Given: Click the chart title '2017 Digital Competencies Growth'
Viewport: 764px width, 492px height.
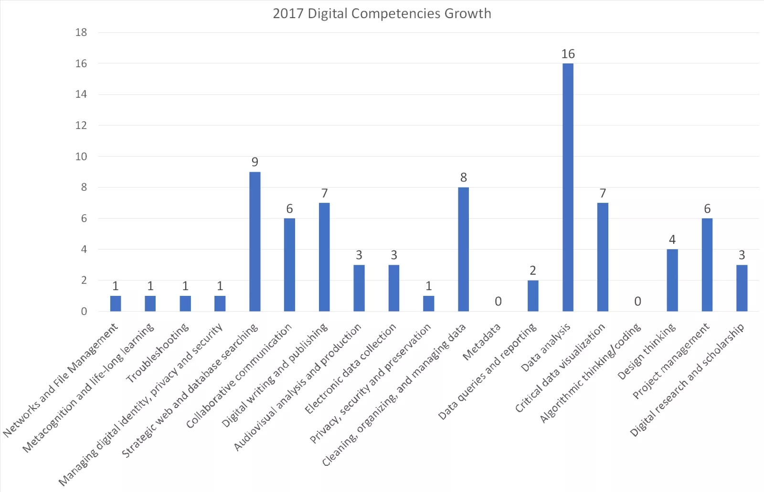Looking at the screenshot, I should tap(382, 13).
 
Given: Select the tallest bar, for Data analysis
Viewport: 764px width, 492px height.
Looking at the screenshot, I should tap(568, 187).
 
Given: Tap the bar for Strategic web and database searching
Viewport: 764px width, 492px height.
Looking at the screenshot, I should tap(255, 241).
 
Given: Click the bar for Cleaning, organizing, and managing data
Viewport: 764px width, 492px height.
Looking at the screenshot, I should tap(463, 249).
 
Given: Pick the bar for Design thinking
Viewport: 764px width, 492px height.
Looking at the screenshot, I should tap(672, 280).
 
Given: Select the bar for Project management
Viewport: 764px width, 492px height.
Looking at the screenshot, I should tap(707, 265).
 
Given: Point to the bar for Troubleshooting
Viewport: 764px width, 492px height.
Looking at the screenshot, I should tap(185, 304).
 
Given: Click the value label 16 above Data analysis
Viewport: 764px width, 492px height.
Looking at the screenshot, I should tap(568, 54).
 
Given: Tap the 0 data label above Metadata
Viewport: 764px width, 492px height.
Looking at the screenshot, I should tap(498, 302).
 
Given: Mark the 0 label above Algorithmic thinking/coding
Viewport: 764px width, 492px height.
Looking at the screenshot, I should tap(637, 302).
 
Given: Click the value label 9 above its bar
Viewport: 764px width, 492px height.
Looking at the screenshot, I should tap(255, 162).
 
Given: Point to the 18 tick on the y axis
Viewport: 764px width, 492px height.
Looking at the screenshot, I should tap(81, 32).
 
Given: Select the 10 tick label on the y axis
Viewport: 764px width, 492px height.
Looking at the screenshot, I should tap(81, 157).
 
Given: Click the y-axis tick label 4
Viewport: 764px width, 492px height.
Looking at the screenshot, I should tap(84, 249).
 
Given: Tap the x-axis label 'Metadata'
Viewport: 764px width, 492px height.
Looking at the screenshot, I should tap(481, 342).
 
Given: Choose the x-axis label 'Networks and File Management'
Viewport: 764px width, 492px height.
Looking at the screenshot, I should tap(61, 380).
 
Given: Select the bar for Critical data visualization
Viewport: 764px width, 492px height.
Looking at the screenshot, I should tap(603, 257).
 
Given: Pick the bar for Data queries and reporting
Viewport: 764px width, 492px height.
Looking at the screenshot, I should tap(533, 296).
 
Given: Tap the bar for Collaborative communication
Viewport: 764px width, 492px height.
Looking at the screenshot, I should tap(289, 265).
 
